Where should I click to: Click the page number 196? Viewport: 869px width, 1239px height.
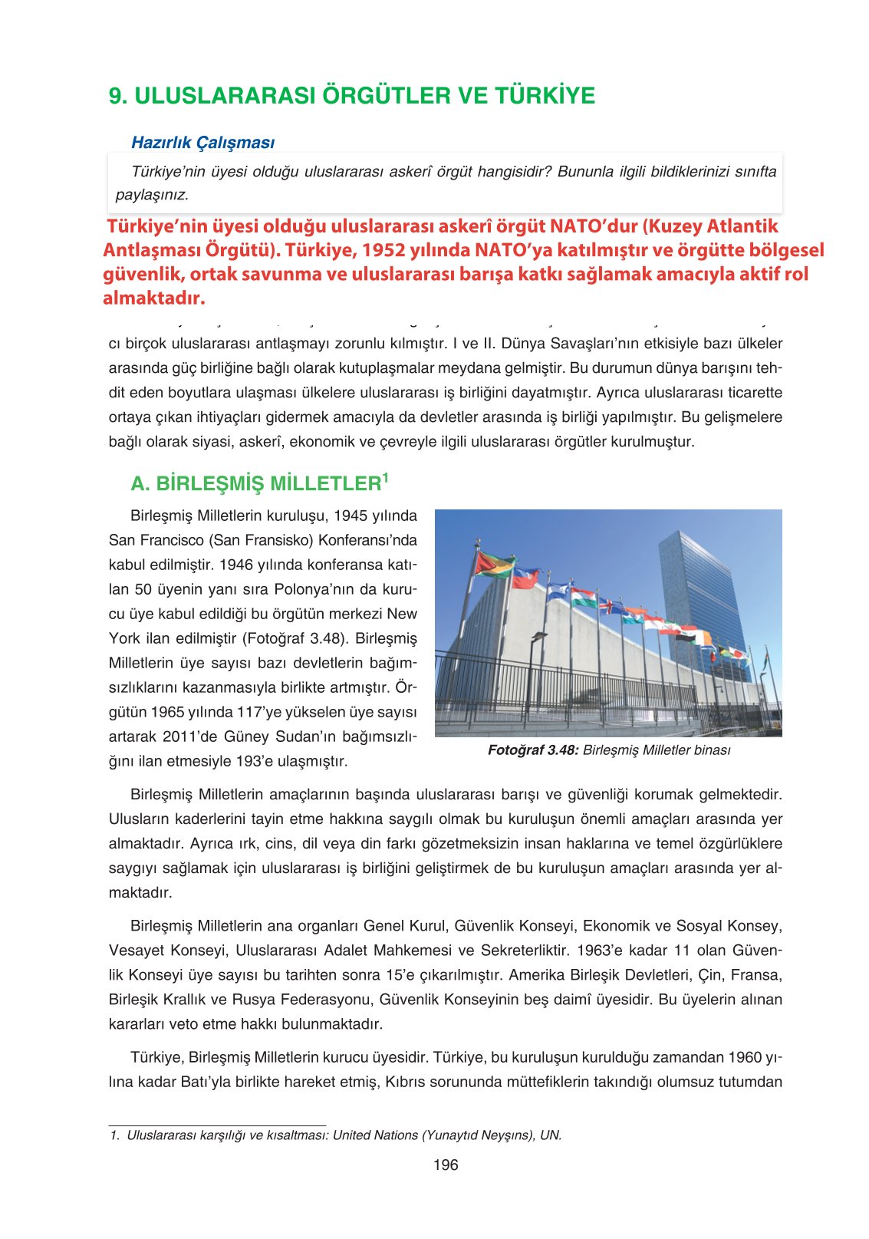pos(445,1165)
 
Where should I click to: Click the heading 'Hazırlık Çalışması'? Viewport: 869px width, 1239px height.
pos(202,142)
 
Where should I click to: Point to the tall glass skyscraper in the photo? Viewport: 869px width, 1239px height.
pos(702,591)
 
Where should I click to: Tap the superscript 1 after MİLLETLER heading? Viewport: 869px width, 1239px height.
pos(386,478)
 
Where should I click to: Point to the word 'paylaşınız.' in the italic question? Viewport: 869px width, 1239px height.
pos(152,195)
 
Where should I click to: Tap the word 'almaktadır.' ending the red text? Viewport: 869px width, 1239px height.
pos(153,298)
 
